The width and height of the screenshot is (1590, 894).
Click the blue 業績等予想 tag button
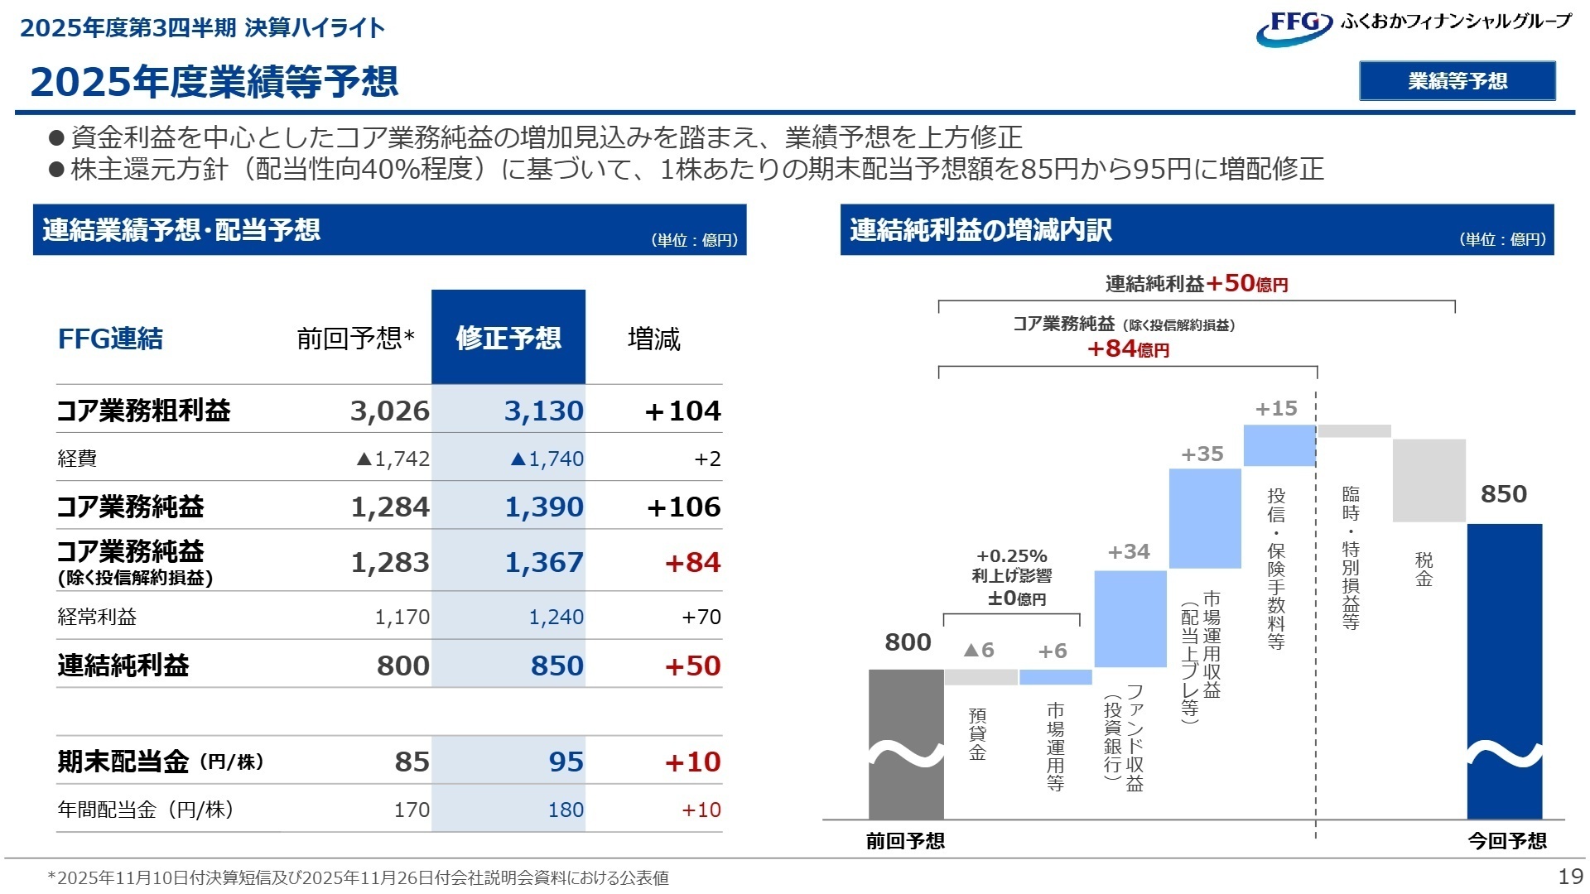[x=1457, y=81]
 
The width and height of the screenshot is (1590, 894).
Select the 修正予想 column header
[x=508, y=338]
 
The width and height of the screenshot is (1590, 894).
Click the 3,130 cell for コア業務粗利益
[x=543, y=411]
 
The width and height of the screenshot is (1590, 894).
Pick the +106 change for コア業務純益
[x=683, y=507]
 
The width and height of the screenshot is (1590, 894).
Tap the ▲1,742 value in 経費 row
[x=393, y=459]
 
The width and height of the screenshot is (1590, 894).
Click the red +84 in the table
[x=692, y=562]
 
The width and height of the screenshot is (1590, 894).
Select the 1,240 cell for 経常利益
[x=556, y=617]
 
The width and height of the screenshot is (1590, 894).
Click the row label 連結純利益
[x=123, y=666]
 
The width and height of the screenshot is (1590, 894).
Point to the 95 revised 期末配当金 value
[x=566, y=762]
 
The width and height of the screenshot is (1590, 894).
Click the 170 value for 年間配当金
[x=411, y=810]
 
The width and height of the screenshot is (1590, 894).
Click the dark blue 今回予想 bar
[x=1504, y=670]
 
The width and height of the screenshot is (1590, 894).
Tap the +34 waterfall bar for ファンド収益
[x=1130, y=618]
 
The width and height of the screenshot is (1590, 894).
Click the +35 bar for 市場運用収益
[x=1204, y=518]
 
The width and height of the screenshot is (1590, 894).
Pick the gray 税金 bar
[x=1429, y=480]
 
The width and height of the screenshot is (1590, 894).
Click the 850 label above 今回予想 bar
[x=1503, y=494]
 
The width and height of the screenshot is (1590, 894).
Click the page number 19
[x=1570, y=877]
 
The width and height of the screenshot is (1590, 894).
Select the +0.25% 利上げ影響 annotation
[x=1011, y=577]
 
